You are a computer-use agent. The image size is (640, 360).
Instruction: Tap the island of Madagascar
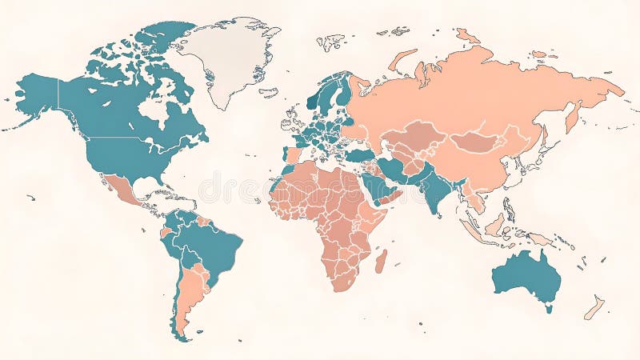[381, 261]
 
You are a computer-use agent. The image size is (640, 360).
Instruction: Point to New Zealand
[594, 307]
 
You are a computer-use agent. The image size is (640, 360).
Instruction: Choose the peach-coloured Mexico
[120, 189]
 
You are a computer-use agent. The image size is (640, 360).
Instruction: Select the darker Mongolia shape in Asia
[478, 142]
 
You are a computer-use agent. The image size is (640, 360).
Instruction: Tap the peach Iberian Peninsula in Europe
[293, 154]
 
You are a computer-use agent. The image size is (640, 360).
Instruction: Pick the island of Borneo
[496, 224]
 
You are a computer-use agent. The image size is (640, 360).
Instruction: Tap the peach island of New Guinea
[540, 238]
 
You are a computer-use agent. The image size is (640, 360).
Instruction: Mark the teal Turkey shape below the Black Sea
[359, 155]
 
